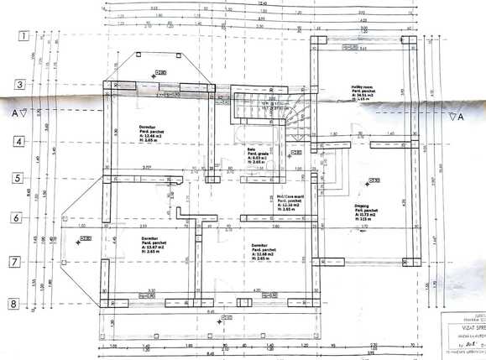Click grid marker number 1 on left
pyautogui.click(x=24, y=36)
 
